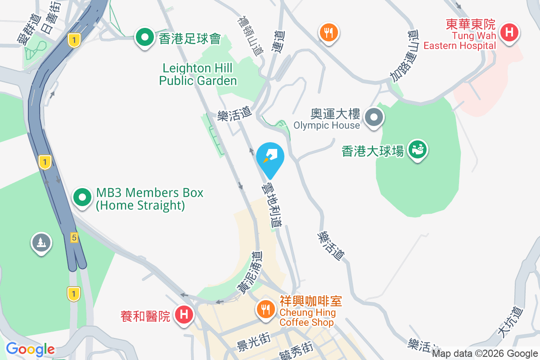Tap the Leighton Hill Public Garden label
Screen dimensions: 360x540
198,75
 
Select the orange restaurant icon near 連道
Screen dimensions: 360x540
329,33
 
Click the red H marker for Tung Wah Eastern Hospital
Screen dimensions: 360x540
509,33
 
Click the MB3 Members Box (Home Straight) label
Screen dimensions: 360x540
149,199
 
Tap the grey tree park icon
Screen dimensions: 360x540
41,243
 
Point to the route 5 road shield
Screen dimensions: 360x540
74,237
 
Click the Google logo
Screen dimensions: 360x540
30,349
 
